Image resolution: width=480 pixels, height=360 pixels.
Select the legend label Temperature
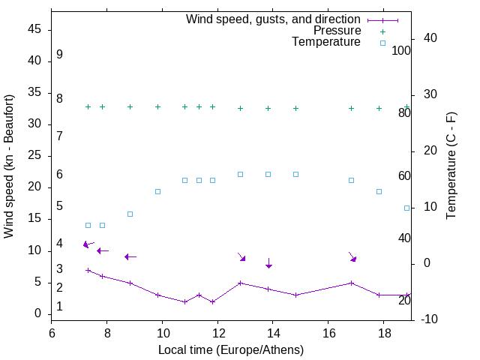[326, 42]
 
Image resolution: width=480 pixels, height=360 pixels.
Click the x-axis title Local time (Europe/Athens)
[231, 349]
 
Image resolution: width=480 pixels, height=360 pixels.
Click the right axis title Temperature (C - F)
[451, 166]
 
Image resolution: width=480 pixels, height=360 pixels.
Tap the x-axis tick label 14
[273, 332]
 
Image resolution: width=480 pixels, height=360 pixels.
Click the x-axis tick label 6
[52, 332]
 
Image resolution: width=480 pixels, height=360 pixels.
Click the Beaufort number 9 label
[59, 55]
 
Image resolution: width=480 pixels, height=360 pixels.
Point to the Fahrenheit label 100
[401, 51]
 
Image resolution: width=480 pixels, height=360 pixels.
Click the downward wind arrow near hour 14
[268, 263]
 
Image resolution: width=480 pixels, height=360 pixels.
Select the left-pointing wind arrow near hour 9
[130, 256]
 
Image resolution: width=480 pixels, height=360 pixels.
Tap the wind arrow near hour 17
[352, 256]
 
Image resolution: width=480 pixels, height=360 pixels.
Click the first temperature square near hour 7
[88, 225]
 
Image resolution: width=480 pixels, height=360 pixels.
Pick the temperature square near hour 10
[157, 191]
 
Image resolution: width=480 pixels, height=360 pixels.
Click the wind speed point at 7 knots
[88, 270]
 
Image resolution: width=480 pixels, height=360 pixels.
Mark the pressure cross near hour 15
[295, 108]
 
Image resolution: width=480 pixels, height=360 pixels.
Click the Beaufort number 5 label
[59, 205]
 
